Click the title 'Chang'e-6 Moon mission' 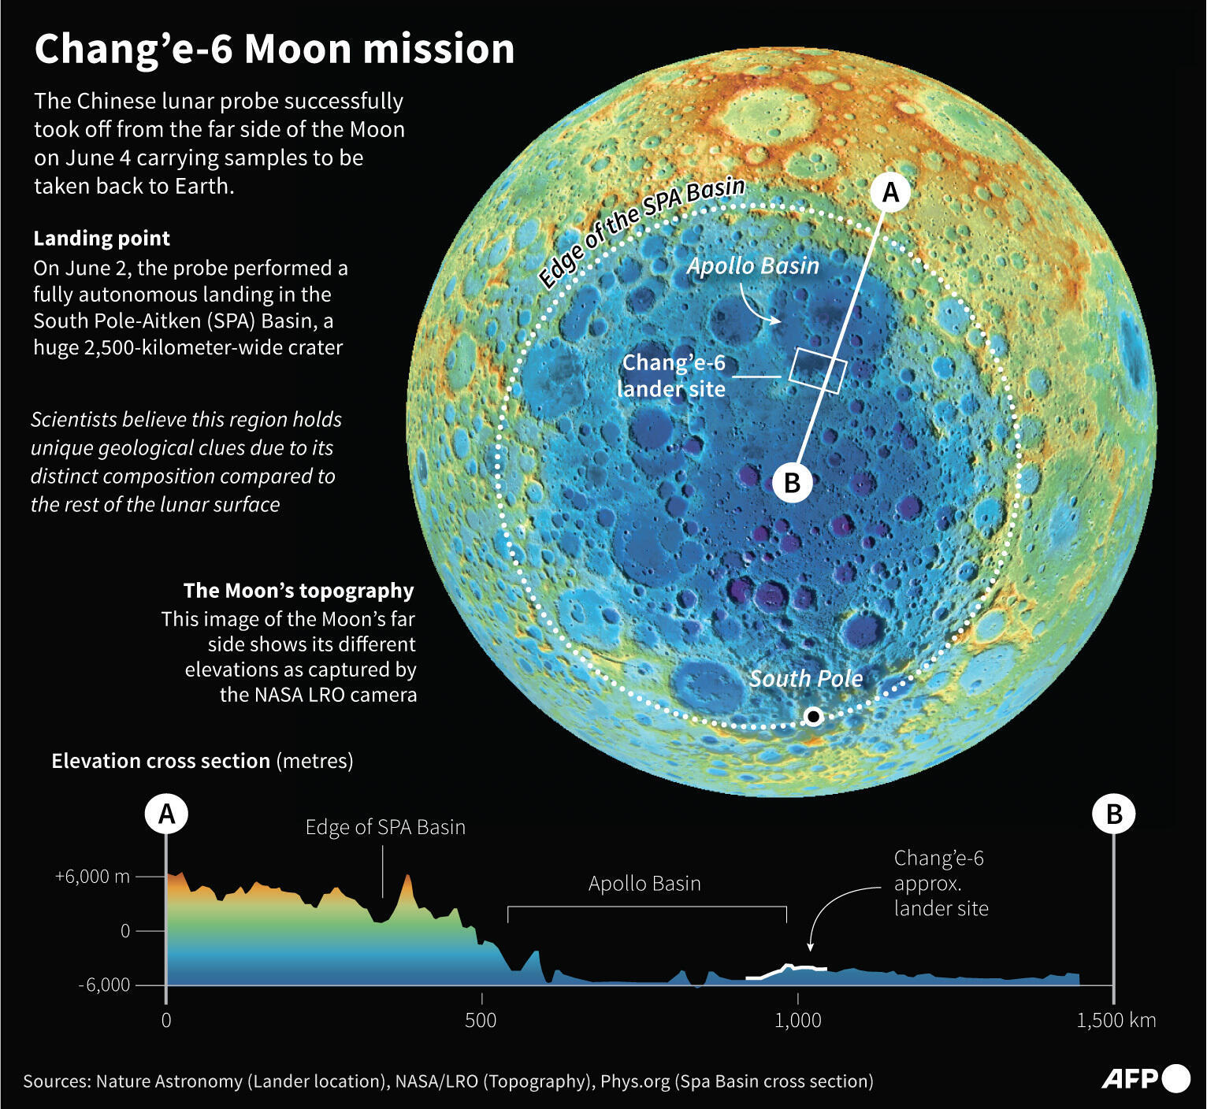coord(274,49)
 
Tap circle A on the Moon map coord(890,192)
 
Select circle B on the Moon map coord(793,482)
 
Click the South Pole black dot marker coord(814,716)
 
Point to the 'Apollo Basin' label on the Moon coord(752,266)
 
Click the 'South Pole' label coord(805,678)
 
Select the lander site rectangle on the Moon coord(818,370)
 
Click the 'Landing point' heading coord(102,238)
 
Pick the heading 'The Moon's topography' coord(299,590)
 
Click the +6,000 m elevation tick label coord(92,877)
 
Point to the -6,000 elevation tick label coord(104,985)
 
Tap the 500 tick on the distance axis coord(481,1020)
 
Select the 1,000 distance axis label coord(798,1020)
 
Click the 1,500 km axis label coord(1116,1020)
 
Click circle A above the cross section coord(167,814)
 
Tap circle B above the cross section coord(1113,814)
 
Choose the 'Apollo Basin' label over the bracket coord(644,884)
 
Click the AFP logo coord(1145,1078)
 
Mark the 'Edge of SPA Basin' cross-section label coord(385,827)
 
